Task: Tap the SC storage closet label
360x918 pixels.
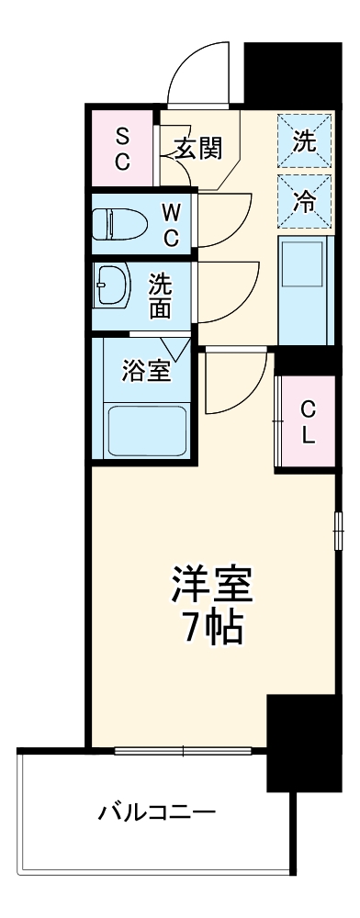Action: (x=122, y=148)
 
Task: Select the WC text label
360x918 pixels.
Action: (x=172, y=224)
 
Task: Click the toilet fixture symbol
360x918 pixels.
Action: (x=118, y=223)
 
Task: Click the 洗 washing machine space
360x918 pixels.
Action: (x=304, y=141)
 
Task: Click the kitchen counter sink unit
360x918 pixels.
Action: (x=304, y=288)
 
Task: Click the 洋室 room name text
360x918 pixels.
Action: (x=212, y=584)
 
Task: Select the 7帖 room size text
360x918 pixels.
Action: (x=212, y=627)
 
